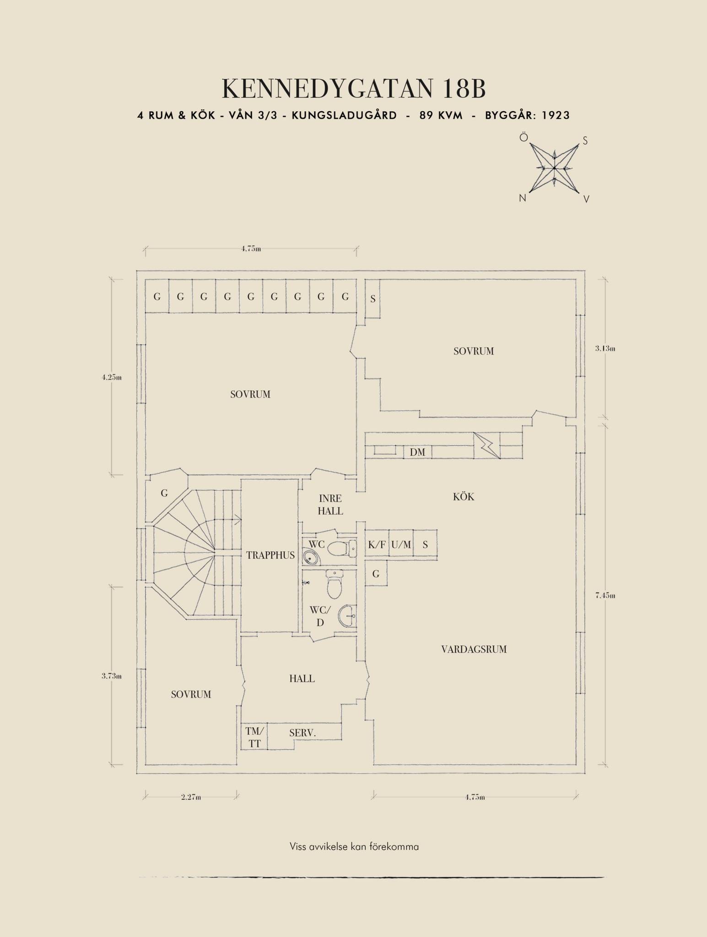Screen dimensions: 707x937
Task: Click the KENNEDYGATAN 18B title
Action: (x=353, y=89)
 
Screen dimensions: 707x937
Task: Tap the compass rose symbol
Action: (x=554, y=168)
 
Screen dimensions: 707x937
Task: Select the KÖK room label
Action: (x=464, y=497)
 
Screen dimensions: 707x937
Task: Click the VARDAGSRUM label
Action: (x=474, y=649)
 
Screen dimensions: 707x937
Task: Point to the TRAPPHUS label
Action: (x=270, y=555)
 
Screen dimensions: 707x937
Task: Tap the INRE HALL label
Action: (x=330, y=505)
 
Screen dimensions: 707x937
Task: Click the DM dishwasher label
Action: (x=417, y=452)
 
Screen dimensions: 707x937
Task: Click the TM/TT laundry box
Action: (x=254, y=737)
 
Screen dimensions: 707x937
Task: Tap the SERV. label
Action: (x=302, y=733)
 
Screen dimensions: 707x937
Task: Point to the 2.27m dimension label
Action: (x=191, y=797)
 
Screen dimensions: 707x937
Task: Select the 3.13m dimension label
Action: (x=605, y=348)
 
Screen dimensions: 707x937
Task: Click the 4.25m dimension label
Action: (x=112, y=377)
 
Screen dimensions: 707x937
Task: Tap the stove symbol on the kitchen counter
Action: (x=487, y=445)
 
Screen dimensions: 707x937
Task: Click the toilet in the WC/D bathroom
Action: (x=334, y=583)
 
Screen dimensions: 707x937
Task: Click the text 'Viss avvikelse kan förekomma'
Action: (x=354, y=846)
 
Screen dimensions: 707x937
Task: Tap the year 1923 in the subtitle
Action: (x=556, y=115)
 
